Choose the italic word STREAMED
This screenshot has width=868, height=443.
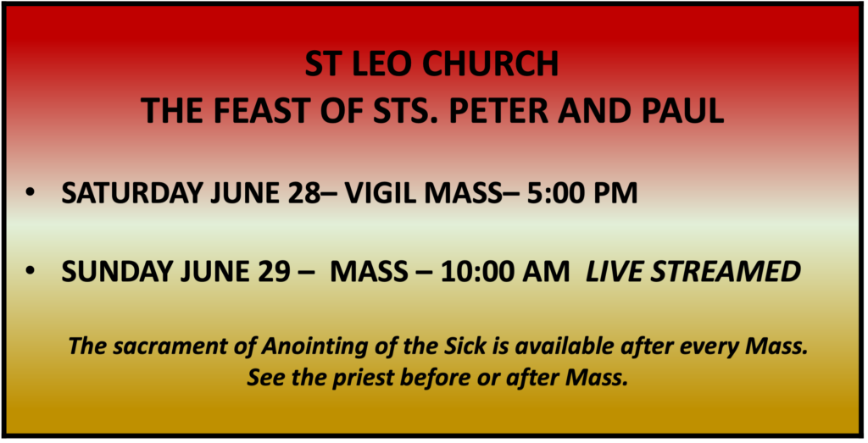pos(726,272)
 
